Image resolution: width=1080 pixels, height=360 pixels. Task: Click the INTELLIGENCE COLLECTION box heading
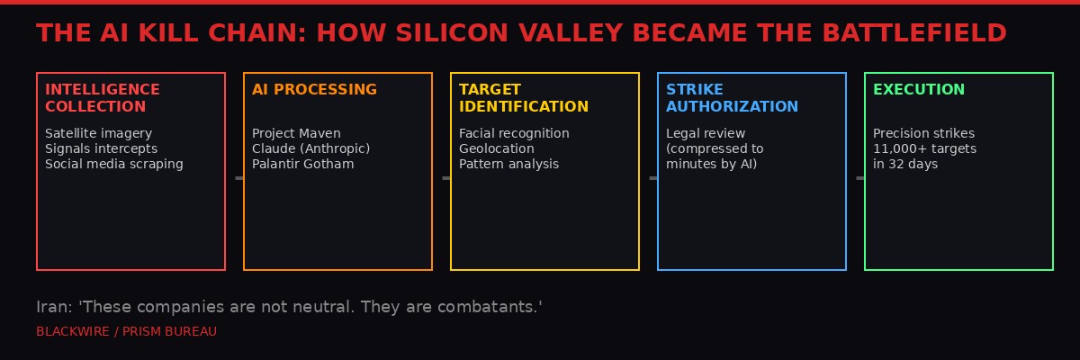[x=102, y=98]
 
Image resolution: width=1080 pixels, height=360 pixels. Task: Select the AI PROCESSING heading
[x=314, y=90]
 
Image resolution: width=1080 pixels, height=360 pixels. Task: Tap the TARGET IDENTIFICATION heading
[x=523, y=98]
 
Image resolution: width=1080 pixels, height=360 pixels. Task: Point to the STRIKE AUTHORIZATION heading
[x=732, y=98]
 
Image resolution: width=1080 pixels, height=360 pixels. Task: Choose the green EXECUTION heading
[x=918, y=90]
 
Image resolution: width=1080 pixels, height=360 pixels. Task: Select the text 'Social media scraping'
[x=113, y=164]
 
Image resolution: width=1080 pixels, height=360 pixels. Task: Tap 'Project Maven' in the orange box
[x=296, y=133]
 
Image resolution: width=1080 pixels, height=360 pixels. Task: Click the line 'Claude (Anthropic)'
[x=310, y=148]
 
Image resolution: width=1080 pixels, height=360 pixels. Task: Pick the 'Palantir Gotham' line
[x=302, y=164]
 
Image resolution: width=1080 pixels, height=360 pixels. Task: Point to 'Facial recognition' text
[x=514, y=133]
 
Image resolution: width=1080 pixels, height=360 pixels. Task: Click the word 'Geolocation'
[x=496, y=148]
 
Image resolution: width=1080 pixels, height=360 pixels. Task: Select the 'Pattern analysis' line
[x=508, y=164]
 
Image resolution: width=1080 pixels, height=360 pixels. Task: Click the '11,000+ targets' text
[x=924, y=148]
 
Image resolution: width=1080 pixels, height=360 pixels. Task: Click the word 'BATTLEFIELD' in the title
[x=913, y=33]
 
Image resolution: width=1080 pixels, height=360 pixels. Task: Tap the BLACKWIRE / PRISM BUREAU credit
[x=126, y=331]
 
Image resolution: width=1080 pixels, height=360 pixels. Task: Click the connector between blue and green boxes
[x=859, y=178]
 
